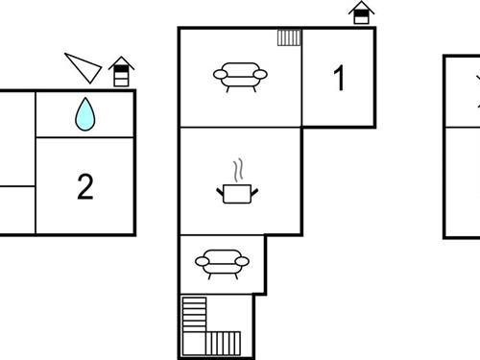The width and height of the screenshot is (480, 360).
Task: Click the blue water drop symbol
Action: pos(85,114)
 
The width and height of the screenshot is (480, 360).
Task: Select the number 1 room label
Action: pos(338,79)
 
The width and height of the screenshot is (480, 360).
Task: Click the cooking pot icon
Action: pos(237,194)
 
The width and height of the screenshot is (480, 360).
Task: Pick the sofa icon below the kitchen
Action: pos(222,261)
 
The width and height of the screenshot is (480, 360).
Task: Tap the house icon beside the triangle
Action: pos(121,72)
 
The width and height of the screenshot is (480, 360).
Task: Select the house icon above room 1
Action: pos(361,13)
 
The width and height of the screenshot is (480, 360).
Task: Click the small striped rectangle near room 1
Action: pos(289,37)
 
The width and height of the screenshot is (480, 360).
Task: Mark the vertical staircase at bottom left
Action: pos(194,314)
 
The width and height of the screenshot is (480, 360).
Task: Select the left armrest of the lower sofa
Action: pos(199,260)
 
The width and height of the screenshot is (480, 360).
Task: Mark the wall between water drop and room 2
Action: pos(84,138)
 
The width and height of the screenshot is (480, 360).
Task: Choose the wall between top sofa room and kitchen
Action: pos(240,127)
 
